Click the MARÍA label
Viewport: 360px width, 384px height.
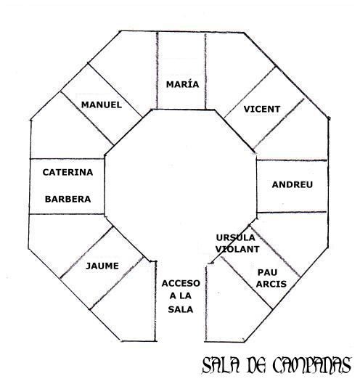(x=182, y=84)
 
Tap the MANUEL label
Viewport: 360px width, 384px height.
(x=102, y=105)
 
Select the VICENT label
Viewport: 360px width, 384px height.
(x=262, y=109)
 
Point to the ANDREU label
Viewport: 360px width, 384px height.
(x=292, y=184)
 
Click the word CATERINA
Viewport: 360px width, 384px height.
(x=67, y=172)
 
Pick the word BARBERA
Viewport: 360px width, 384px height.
(x=67, y=199)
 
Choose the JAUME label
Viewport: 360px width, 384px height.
(x=102, y=266)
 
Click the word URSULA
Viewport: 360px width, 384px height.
(x=236, y=237)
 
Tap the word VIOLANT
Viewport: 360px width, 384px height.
(x=237, y=249)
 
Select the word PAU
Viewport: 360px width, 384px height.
(x=267, y=272)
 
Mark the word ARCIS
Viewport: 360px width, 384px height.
(x=271, y=284)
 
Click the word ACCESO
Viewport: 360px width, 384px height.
(x=181, y=283)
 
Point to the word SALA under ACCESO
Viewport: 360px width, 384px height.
(x=181, y=309)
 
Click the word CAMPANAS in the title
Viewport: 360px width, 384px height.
(x=312, y=365)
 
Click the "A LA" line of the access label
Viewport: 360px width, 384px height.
(x=181, y=296)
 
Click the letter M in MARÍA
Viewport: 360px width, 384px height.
(x=171, y=84)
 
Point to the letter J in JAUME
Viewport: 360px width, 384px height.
(x=88, y=266)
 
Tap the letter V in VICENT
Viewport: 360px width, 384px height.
(x=247, y=109)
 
